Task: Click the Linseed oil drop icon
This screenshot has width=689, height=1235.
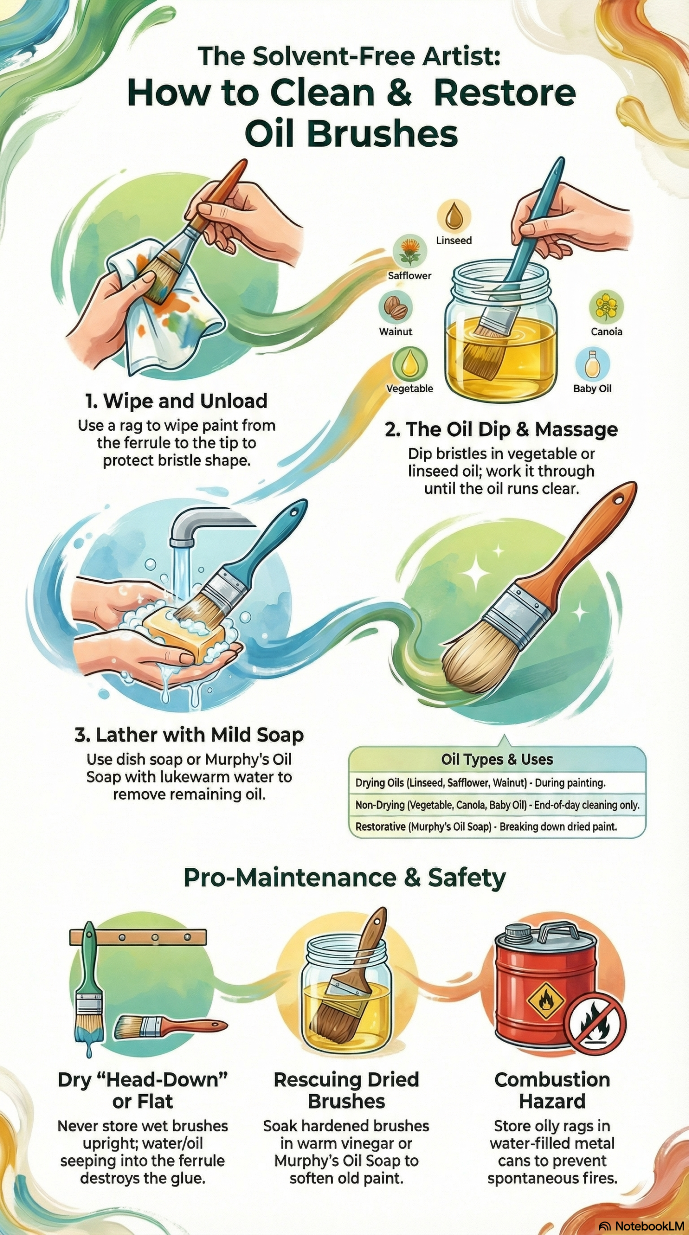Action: click(453, 216)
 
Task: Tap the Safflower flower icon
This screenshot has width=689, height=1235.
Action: click(409, 252)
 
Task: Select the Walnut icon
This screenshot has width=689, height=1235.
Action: click(395, 307)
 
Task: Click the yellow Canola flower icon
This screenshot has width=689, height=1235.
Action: click(606, 307)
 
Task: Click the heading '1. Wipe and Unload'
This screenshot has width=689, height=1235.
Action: click(176, 401)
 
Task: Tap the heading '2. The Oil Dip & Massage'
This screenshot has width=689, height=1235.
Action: click(501, 429)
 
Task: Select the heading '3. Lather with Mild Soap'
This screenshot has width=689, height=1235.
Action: click(189, 735)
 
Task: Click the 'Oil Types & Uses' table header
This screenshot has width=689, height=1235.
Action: click(497, 760)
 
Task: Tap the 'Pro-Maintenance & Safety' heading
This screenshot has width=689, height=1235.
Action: click(345, 878)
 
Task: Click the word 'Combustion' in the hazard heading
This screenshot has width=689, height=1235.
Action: click(552, 1080)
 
